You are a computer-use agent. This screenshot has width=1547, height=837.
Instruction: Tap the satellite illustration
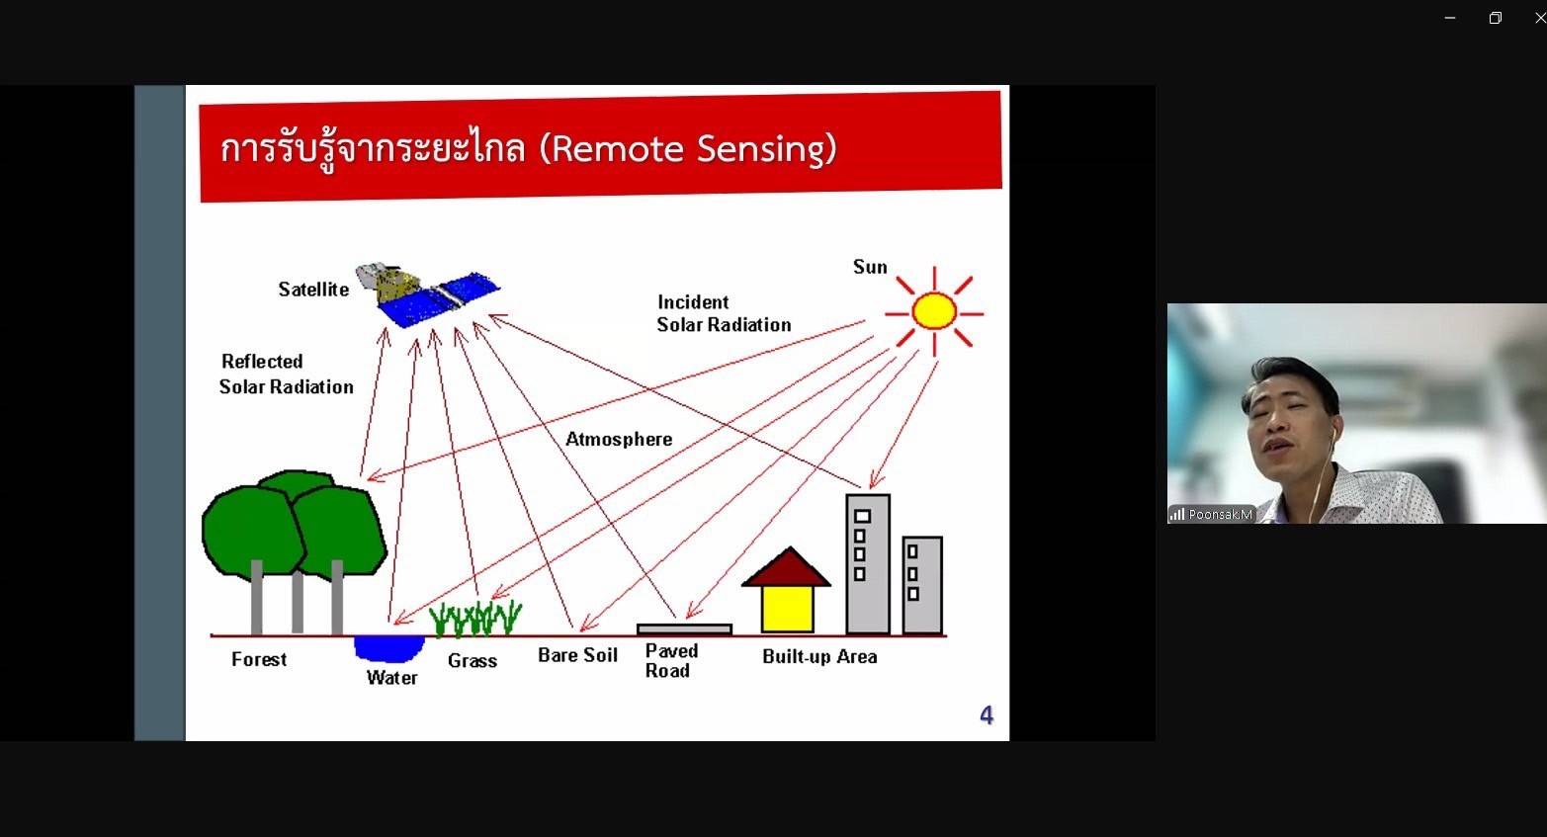(x=427, y=294)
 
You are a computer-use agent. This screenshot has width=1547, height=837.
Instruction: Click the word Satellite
(x=313, y=290)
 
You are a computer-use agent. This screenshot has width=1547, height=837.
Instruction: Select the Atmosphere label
(x=619, y=439)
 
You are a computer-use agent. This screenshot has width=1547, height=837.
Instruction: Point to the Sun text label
(x=870, y=267)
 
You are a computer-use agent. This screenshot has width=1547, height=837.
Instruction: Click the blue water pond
(x=388, y=648)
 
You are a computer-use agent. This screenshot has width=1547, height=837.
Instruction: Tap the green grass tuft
(x=475, y=618)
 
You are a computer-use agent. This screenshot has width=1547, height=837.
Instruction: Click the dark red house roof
(x=787, y=567)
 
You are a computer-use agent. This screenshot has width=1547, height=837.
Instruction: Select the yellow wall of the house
(x=787, y=609)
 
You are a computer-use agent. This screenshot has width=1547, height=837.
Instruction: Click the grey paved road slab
(x=684, y=629)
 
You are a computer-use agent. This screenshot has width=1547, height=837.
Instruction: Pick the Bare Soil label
(x=577, y=655)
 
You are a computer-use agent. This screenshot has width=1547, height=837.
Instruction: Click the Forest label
(x=259, y=659)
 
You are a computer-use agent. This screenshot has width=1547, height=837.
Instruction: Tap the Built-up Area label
(x=819, y=656)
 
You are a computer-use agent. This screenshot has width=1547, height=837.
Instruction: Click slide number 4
(x=987, y=714)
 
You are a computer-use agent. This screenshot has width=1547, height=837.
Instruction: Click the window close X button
(x=1539, y=18)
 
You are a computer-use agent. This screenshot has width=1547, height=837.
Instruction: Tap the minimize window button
(x=1450, y=18)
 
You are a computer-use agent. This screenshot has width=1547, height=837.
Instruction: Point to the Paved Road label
(x=671, y=661)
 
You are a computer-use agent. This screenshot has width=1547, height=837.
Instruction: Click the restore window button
(x=1496, y=18)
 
